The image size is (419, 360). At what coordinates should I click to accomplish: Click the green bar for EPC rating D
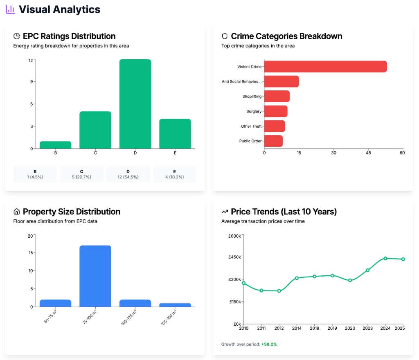(x=135, y=104)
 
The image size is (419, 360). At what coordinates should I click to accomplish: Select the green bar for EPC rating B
(x=56, y=145)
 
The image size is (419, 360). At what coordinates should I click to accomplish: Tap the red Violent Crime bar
(x=325, y=67)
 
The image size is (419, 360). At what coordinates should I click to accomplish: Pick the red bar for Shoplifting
(x=277, y=97)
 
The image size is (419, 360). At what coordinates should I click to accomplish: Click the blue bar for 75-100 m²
(x=95, y=276)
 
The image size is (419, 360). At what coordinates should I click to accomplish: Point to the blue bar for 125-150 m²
(x=175, y=305)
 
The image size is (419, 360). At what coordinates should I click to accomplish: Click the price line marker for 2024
(x=385, y=259)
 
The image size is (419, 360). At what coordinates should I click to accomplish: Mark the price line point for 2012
(x=279, y=291)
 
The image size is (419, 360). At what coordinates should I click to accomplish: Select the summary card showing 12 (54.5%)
(x=128, y=174)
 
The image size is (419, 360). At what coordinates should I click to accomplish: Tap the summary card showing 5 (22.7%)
(x=81, y=174)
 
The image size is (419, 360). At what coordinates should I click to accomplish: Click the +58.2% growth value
(x=269, y=344)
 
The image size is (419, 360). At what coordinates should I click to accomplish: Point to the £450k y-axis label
(x=234, y=257)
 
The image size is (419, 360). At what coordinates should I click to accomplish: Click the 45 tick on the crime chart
(x=368, y=153)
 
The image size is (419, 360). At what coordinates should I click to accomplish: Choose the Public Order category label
(x=250, y=141)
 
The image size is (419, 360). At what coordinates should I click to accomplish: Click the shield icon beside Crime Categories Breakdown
(x=225, y=36)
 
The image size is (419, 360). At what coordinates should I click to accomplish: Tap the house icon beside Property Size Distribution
(x=17, y=212)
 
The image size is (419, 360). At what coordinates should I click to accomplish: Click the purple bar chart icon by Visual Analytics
(x=10, y=9)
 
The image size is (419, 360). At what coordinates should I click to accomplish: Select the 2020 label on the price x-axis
(x=350, y=328)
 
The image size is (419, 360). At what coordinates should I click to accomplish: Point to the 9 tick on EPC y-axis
(x=31, y=81)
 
